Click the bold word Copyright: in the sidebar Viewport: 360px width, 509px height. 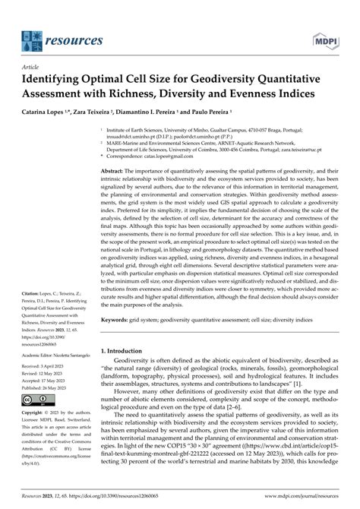click(36, 414)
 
